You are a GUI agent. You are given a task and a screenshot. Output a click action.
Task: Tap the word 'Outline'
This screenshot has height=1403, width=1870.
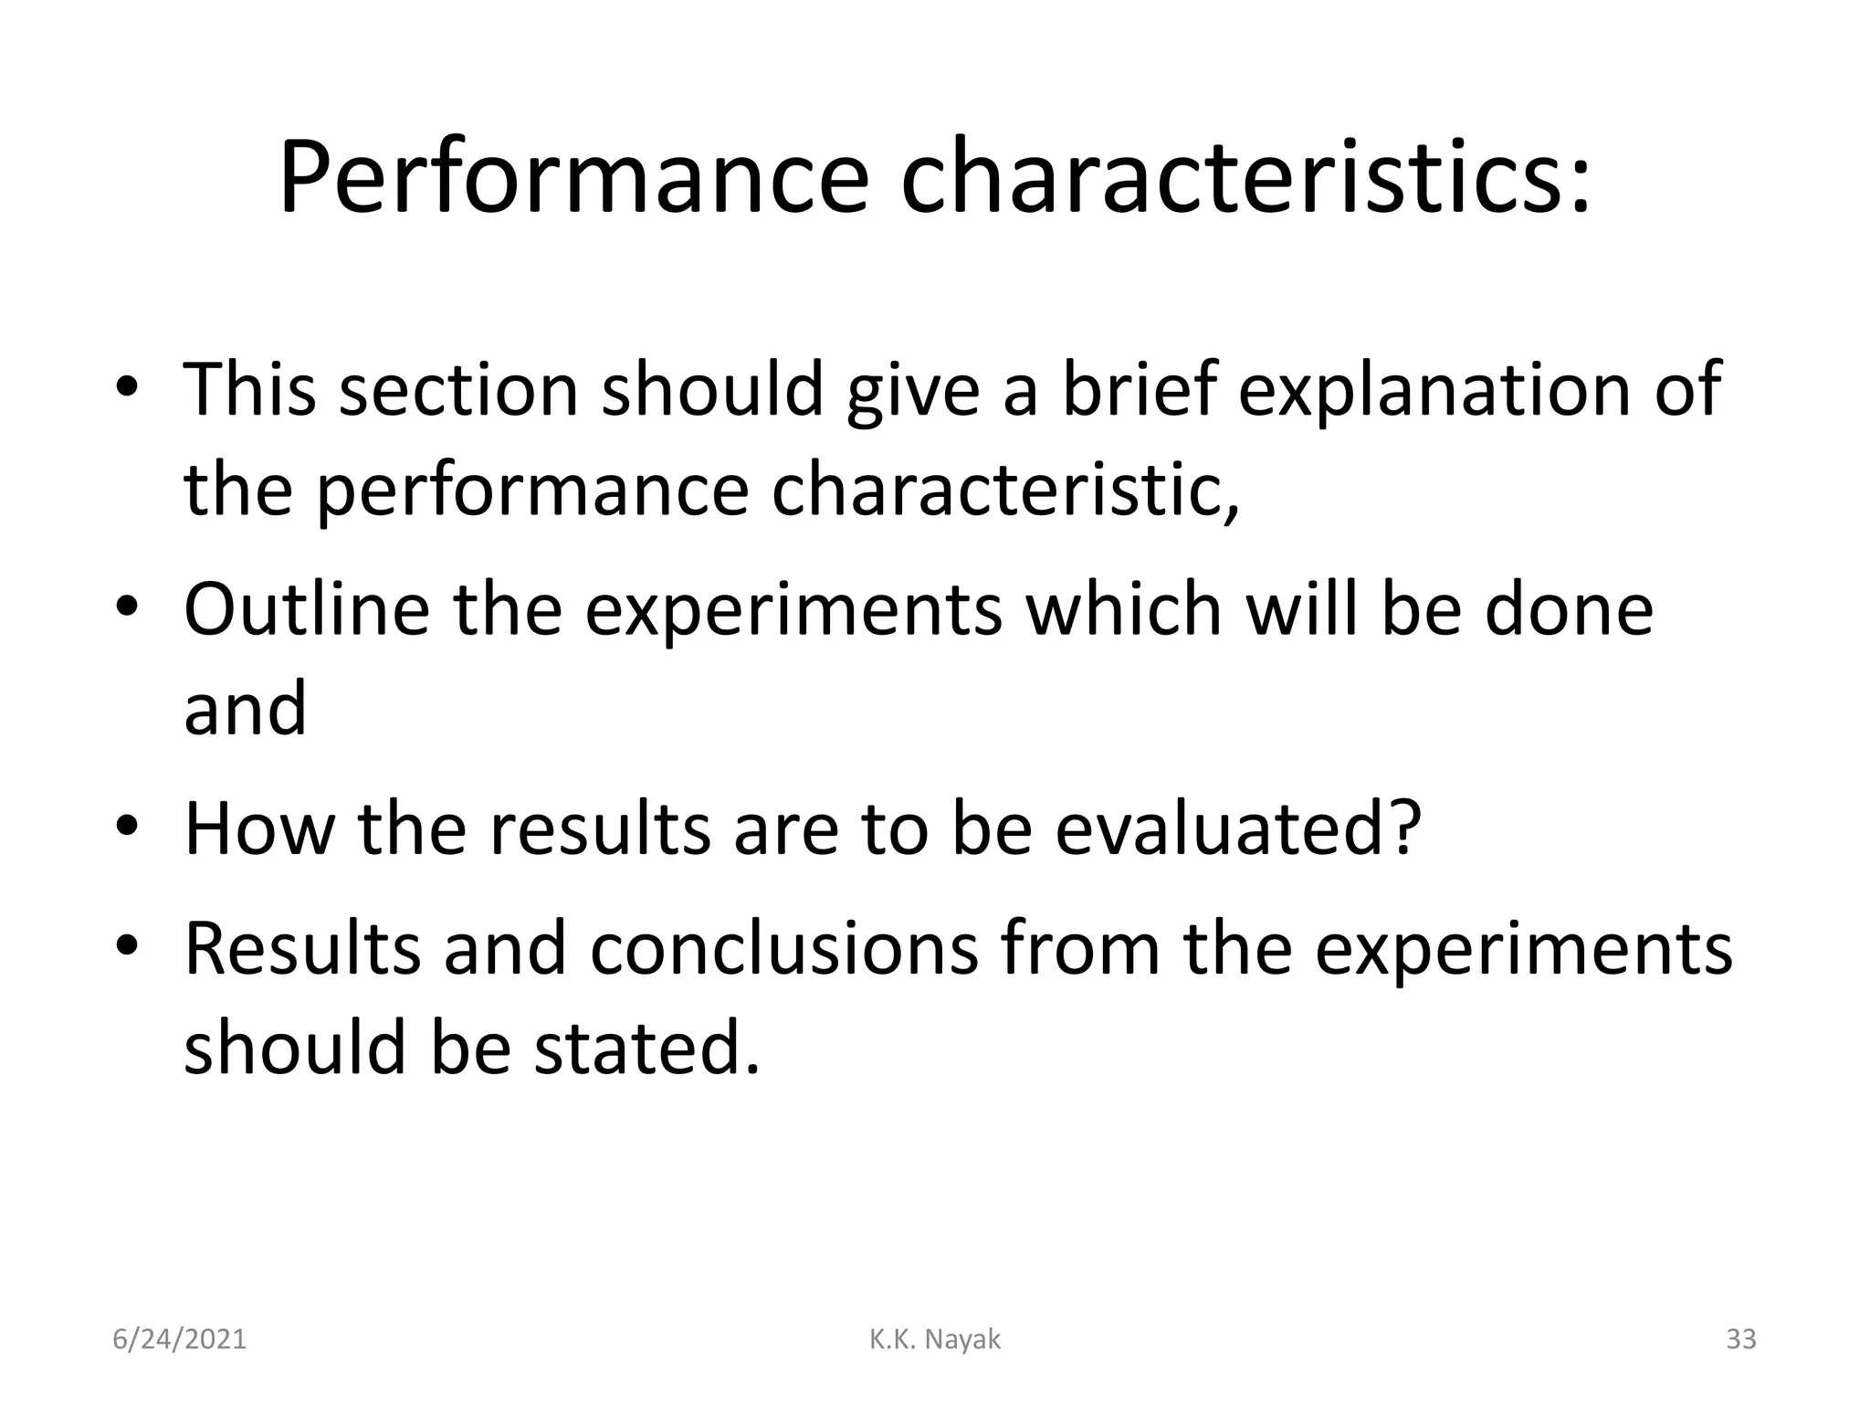(x=307, y=609)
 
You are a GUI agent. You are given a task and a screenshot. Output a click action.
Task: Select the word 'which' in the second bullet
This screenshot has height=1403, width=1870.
(x=1124, y=609)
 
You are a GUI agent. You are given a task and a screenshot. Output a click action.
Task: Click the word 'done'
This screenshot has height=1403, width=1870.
(x=1569, y=609)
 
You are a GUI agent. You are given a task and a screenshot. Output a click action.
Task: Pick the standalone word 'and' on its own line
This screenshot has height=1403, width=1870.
(x=245, y=710)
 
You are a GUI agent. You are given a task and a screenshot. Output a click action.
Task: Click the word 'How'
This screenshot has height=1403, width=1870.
(x=259, y=828)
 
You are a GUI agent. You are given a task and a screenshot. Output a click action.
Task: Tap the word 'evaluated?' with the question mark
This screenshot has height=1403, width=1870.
(x=1238, y=828)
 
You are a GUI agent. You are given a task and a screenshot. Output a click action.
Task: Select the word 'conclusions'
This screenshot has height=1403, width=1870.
(x=783, y=948)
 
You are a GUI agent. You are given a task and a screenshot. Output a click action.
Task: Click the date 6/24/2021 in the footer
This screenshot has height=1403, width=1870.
(x=180, y=1339)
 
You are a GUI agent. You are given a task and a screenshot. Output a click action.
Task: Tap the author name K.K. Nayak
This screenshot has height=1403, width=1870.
(x=934, y=1339)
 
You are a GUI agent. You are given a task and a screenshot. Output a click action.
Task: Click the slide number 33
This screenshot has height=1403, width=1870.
(x=1740, y=1339)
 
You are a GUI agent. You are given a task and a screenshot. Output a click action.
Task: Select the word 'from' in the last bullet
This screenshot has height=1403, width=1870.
(x=1080, y=948)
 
